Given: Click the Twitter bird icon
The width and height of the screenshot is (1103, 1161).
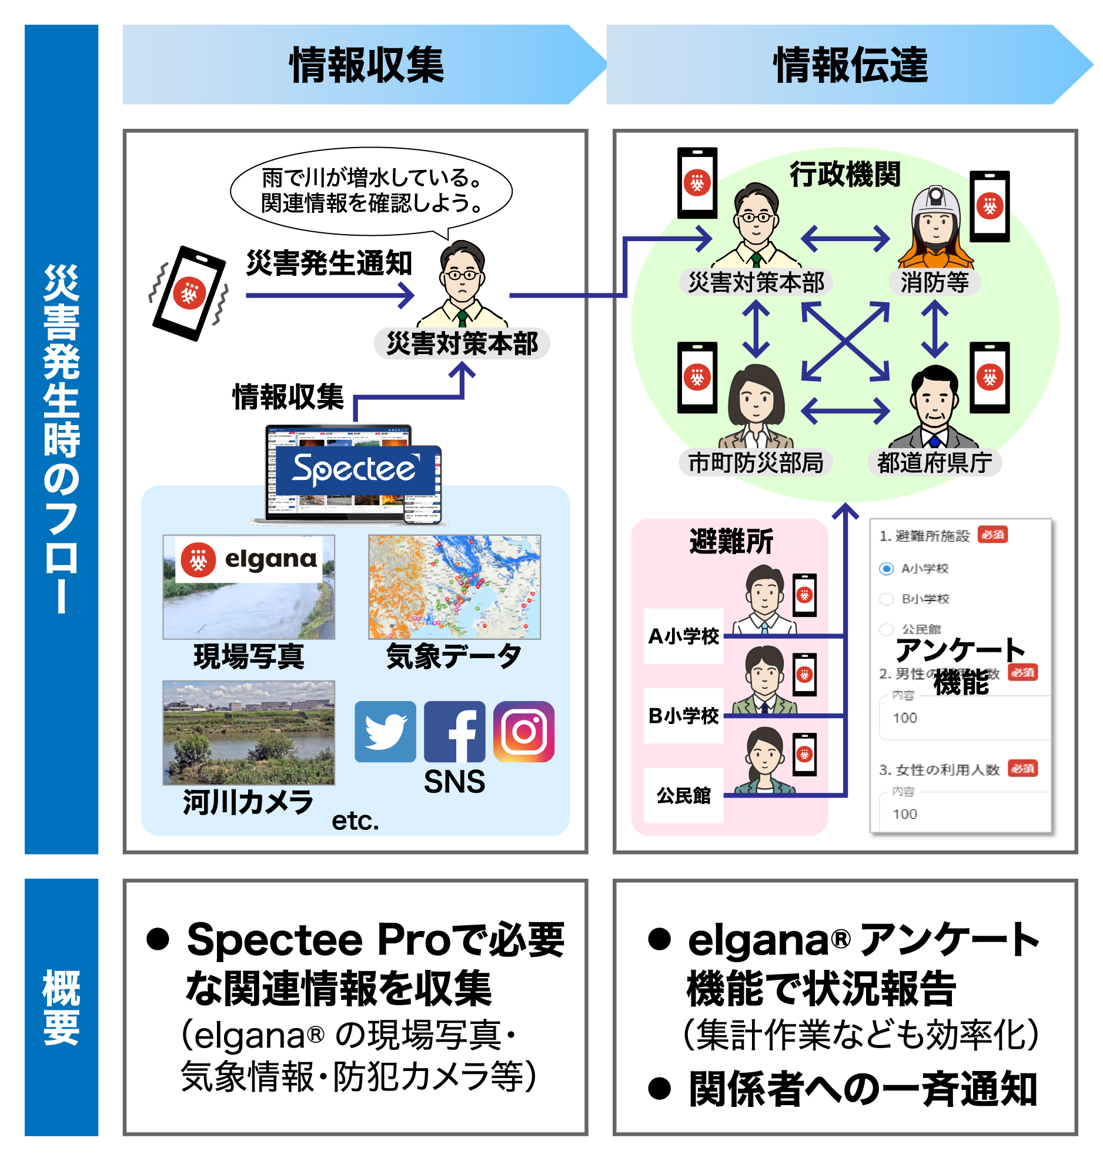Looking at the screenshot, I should [385, 731].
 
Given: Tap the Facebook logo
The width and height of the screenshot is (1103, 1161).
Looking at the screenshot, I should [454, 731].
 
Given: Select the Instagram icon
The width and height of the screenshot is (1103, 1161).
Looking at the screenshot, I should [524, 731].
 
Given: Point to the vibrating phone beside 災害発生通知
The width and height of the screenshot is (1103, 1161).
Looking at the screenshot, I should [189, 293].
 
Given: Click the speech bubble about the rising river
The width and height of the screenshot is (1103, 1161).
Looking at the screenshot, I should [371, 191].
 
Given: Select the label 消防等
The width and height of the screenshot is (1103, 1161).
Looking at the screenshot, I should [934, 282].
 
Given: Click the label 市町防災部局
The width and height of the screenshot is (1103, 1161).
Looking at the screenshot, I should [756, 463].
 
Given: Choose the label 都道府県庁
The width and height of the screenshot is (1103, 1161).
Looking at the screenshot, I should [934, 463].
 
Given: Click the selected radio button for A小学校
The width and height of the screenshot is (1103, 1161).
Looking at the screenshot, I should [886, 569].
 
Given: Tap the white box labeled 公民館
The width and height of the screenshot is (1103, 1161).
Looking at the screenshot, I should [683, 795].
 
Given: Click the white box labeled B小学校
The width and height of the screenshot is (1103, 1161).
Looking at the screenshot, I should [683, 716].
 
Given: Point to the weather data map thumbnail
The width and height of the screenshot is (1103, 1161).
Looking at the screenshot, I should [454, 586].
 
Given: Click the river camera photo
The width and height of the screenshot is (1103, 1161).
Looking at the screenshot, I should [249, 732].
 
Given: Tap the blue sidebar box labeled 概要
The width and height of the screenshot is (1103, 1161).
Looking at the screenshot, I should [61, 1007].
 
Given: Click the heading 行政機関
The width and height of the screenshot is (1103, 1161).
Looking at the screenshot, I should [844, 175].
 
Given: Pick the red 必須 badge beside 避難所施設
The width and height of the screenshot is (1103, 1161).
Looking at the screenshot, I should [992, 535].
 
